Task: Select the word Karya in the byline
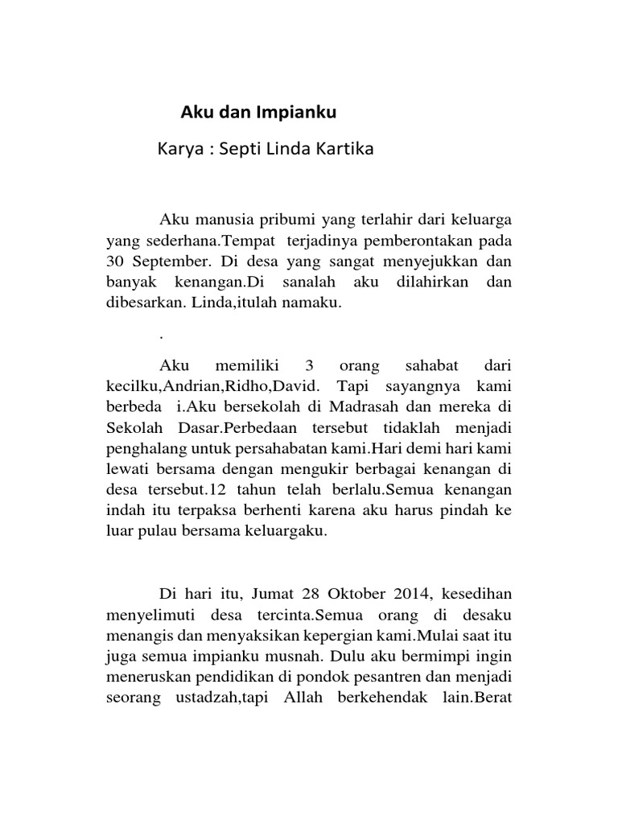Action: pos(179,149)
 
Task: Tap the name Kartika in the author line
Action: pos(344,149)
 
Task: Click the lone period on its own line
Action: pos(162,334)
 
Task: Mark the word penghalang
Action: pos(142,451)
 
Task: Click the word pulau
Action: pos(157,534)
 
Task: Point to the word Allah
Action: pos(302,698)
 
